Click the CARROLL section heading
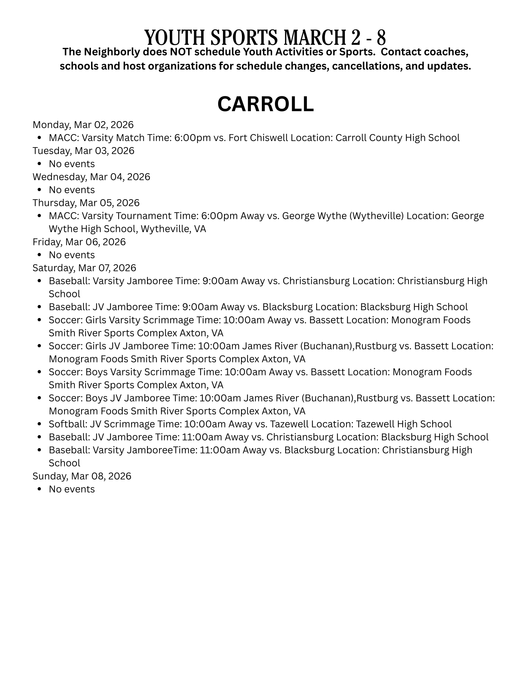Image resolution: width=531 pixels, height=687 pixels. (x=265, y=104)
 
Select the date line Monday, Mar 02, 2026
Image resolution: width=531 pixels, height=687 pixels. (x=83, y=125)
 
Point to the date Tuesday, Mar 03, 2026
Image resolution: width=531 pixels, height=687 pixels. (x=83, y=151)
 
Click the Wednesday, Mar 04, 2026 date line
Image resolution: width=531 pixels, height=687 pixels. (x=91, y=177)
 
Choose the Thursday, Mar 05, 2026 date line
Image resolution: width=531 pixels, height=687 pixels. (x=86, y=203)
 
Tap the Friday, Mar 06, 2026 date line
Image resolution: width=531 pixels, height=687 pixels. (x=79, y=242)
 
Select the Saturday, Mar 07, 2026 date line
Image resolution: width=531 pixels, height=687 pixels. (x=84, y=268)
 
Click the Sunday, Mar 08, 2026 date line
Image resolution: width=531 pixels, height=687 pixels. (x=82, y=476)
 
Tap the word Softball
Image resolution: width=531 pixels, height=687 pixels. (x=68, y=424)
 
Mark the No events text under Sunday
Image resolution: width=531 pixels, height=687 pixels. (x=72, y=490)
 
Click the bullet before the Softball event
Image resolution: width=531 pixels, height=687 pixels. (x=39, y=424)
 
